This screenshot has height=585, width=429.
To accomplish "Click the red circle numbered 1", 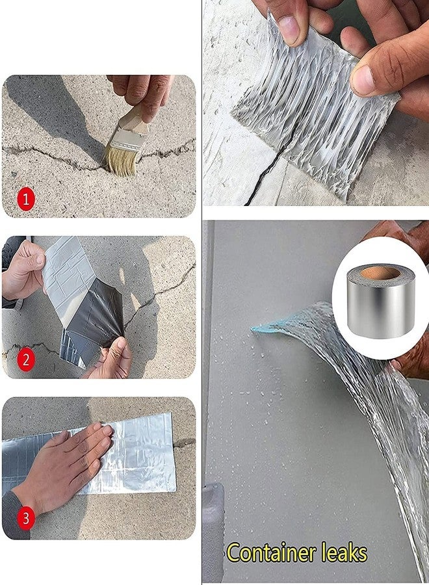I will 26,200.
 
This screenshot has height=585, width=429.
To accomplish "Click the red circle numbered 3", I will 26,519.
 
